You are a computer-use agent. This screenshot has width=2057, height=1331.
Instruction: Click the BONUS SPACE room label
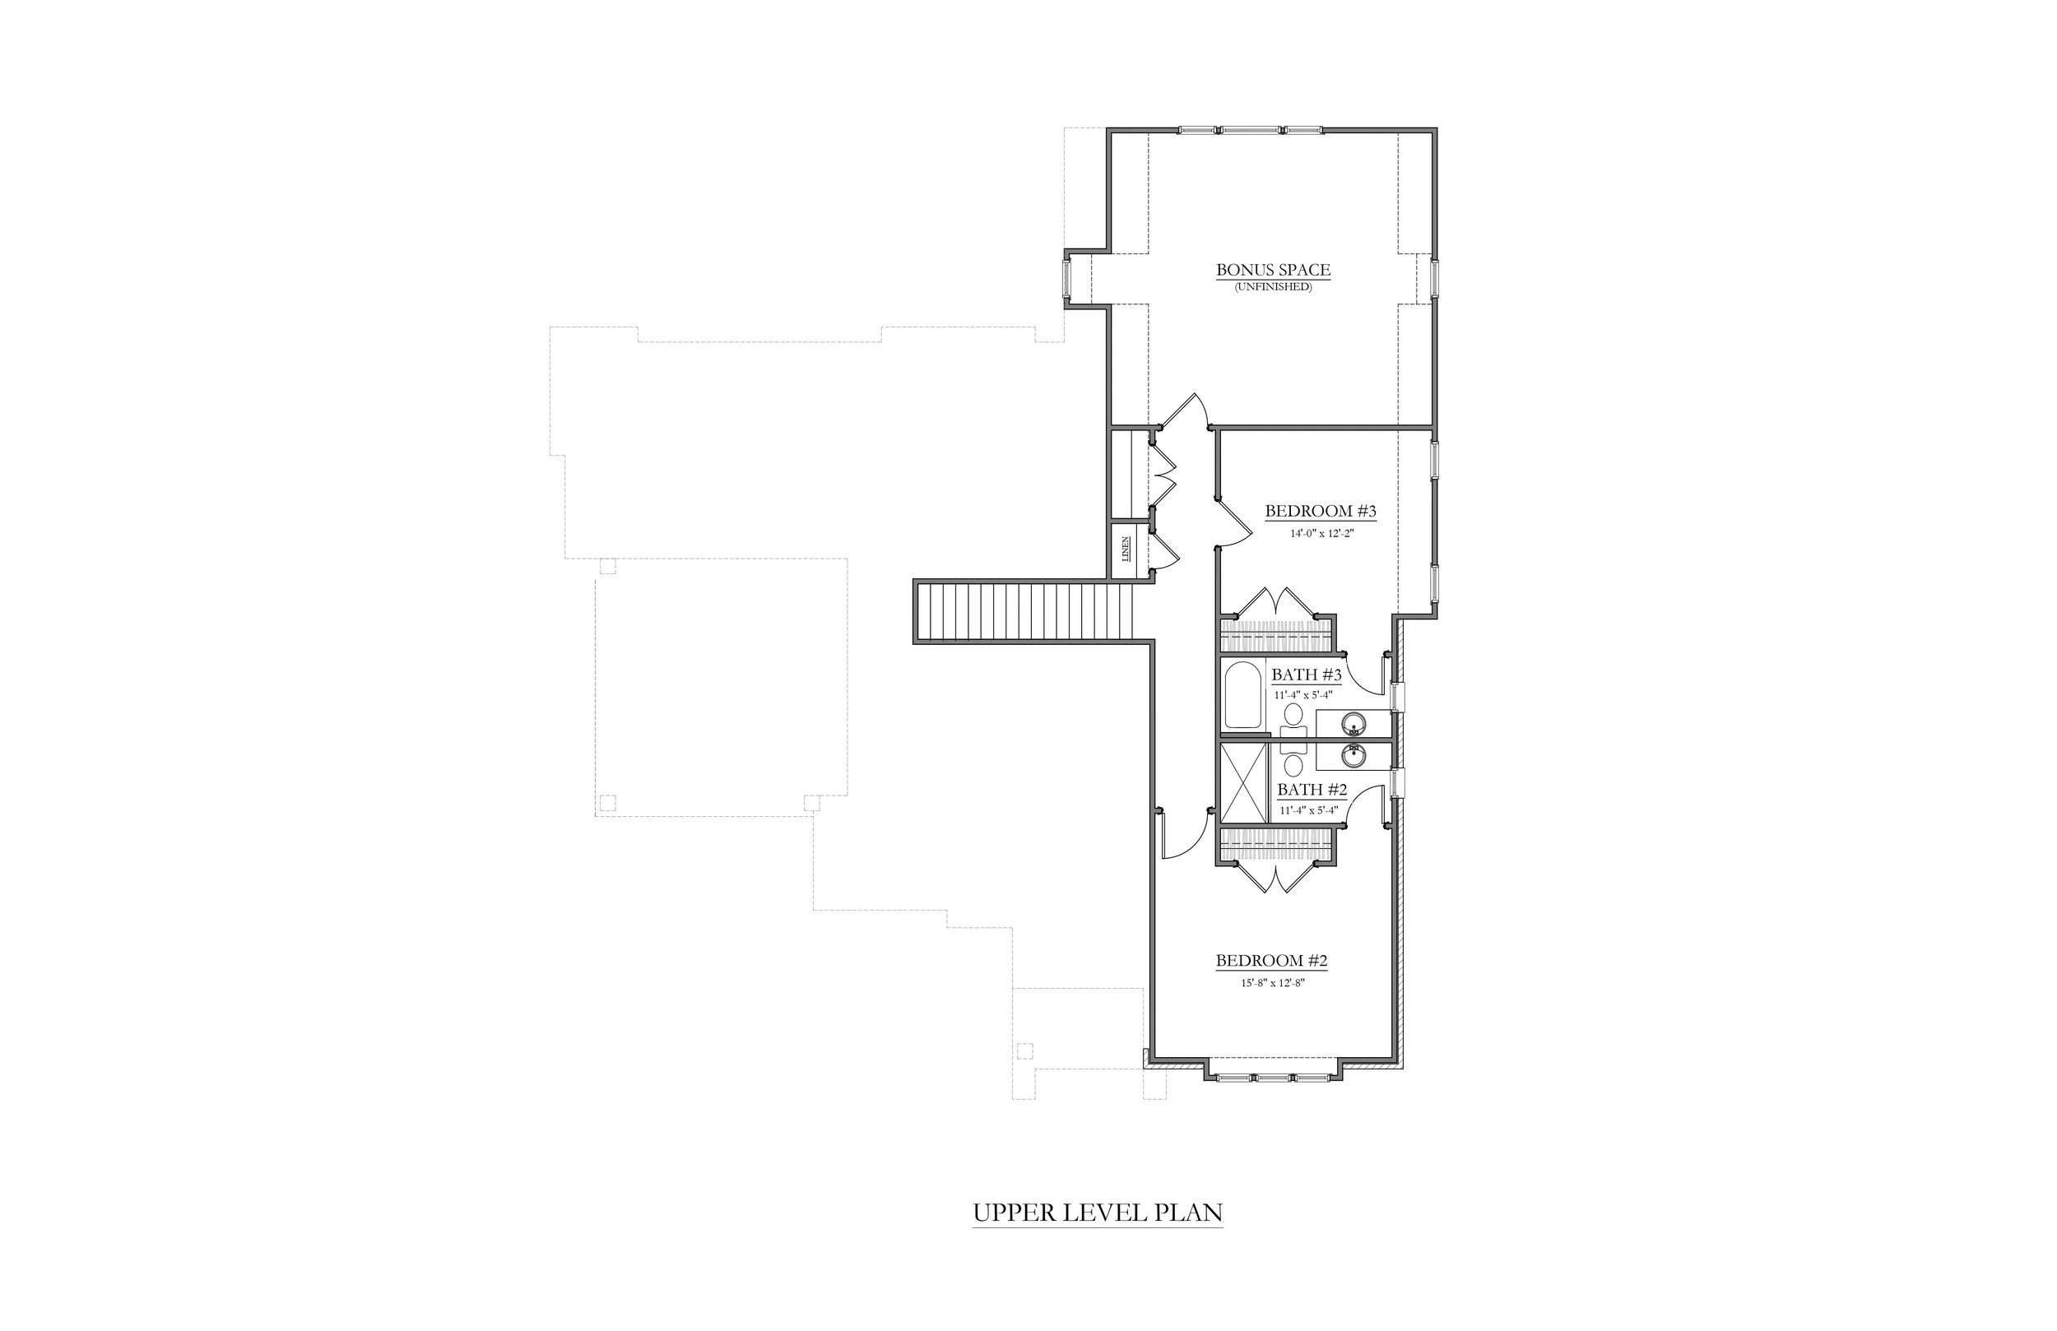coord(1273,271)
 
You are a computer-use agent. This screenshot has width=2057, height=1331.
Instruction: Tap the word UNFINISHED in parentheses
coord(1273,287)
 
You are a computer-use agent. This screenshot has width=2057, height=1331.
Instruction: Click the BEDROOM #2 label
coord(1271,961)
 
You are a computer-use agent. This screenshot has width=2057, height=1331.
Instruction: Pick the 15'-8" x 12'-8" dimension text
coord(1271,983)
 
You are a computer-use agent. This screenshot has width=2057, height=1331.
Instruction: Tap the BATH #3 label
coord(1306,675)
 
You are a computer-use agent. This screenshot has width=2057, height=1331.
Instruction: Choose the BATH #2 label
coord(1312,790)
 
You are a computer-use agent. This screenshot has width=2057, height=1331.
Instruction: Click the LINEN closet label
coord(1126,549)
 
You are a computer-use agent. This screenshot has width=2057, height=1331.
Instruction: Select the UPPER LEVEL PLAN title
coord(1098,1213)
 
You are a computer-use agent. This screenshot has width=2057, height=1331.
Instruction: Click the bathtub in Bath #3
coord(1244,696)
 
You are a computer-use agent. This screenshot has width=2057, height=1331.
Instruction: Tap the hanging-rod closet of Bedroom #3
coord(1275,635)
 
